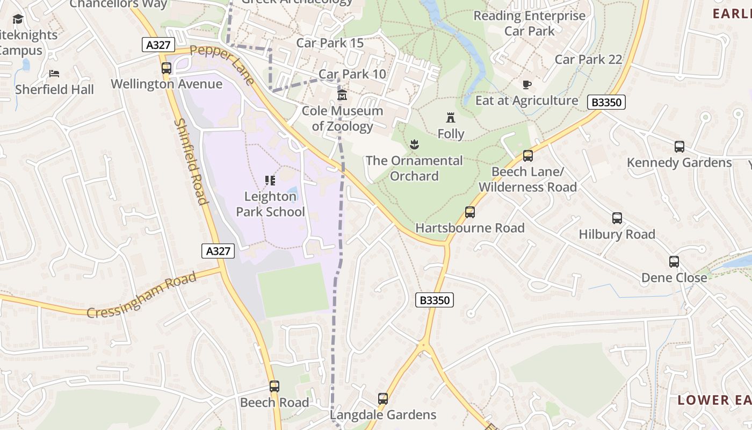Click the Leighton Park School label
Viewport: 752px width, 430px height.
pyautogui.click(x=270, y=204)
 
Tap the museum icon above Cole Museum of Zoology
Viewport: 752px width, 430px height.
pyautogui.click(x=342, y=95)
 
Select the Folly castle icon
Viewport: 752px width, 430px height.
pyautogui.click(x=451, y=118)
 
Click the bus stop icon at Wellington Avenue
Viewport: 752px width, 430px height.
pyautogui.click(x=167, y=68)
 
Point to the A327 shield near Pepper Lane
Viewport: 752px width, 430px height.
pyautogui.click(x=158, y=45)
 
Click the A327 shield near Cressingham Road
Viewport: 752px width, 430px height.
pyautogui.click(x=218, y=250)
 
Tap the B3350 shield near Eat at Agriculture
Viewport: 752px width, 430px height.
pyautogui.click(x=606, y=102)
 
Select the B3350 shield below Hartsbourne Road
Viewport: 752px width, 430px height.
pyautogui.click(x=435, y=300)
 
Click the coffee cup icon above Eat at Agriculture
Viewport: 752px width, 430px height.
pyautogui.click(x=526, y=84)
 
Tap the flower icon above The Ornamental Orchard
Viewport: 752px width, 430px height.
pyautogui.click(x=414, y=144)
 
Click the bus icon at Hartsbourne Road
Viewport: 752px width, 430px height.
pyautogui.click(x=470, y=212)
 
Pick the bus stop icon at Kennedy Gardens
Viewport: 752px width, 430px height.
pyautogui.click(x=679, y=147)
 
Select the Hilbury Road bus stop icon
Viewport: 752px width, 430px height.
pyautogui.click(x=617, y=218)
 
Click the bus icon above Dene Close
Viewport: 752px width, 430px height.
pyautogui.click(x=674, y=262)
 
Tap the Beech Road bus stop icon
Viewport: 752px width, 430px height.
pyautogui.click(x=274, y=386)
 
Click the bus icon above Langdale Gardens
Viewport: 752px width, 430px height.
pyautogui.click(x=383, y=399)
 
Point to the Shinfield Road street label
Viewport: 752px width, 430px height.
pyautogui.click(x=191, y=161)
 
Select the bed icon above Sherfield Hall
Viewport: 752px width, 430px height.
pyautogui.click(x=54, y=74)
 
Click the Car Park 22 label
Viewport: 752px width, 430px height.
pyautogui.click(x=588, y=60)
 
